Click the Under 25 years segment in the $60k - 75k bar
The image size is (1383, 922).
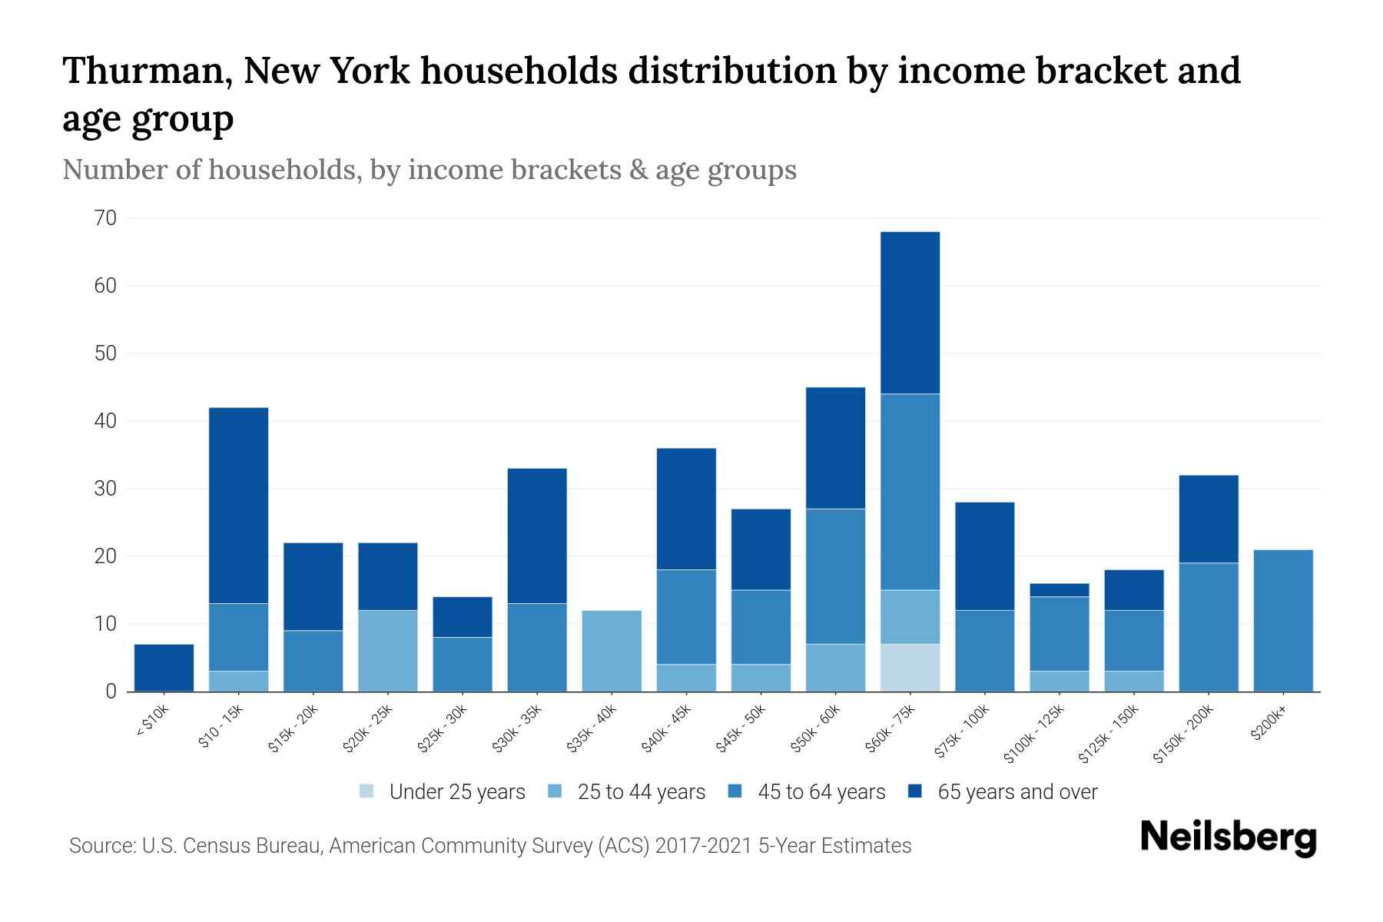910,668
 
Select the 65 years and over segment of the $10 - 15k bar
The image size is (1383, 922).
238,505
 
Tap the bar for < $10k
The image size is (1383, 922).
164,668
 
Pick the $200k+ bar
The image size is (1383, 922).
1283,621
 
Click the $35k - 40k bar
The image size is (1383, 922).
612,651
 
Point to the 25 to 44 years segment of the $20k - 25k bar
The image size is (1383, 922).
388,651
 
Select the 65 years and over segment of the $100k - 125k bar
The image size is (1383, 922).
1060,590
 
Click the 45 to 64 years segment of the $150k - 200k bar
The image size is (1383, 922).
1209,627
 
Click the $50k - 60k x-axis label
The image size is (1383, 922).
817,729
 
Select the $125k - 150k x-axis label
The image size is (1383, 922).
1109,735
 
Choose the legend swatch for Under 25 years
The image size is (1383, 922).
367,791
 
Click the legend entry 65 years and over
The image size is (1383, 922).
1017,792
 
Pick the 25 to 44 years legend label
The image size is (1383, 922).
641,792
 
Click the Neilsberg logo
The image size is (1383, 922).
1228,837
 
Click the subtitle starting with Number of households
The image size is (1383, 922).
429,170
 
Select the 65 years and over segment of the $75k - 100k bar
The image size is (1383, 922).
984,556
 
